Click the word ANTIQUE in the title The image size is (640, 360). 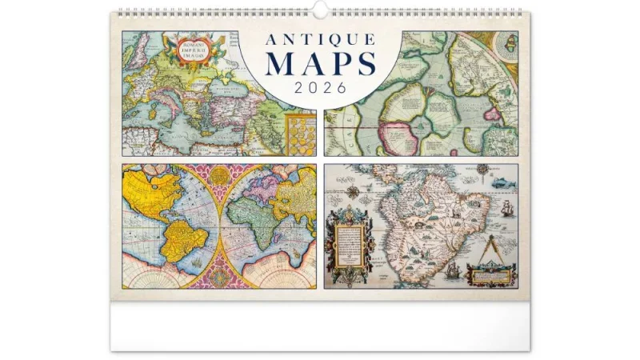tap(319, 40)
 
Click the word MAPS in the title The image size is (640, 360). tap(319, 63)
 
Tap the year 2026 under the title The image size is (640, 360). tap(319, 87)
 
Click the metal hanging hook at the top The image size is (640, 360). tap(320, 10)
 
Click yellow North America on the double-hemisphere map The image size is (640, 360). tap(156, 192)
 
